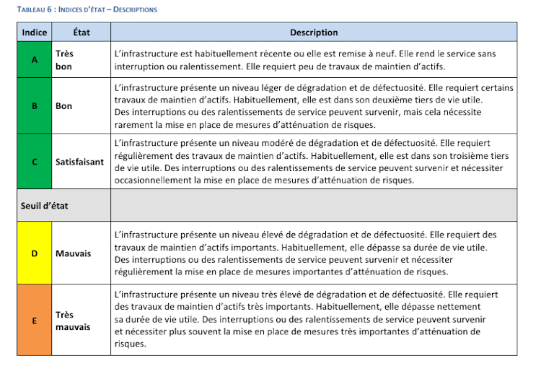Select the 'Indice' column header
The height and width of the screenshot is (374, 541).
(34, 32)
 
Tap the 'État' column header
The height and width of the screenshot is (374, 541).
(82, 32)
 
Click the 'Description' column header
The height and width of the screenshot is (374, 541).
(314, 32)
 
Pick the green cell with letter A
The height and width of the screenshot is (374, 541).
(34, 60)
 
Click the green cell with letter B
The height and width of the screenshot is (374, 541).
(34, 105)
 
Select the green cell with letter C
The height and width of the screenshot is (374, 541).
(34, 162)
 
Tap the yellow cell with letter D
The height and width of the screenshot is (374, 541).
(34, 253)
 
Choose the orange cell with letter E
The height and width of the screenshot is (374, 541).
(34, 320)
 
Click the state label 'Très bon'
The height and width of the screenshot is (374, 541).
(65, 60)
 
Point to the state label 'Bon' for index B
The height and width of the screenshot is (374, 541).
(63, 105)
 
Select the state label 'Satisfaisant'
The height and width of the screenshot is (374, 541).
(79, 162)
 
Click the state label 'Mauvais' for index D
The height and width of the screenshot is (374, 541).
(72, 253)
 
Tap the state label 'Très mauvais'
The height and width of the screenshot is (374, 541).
(73, 321)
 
